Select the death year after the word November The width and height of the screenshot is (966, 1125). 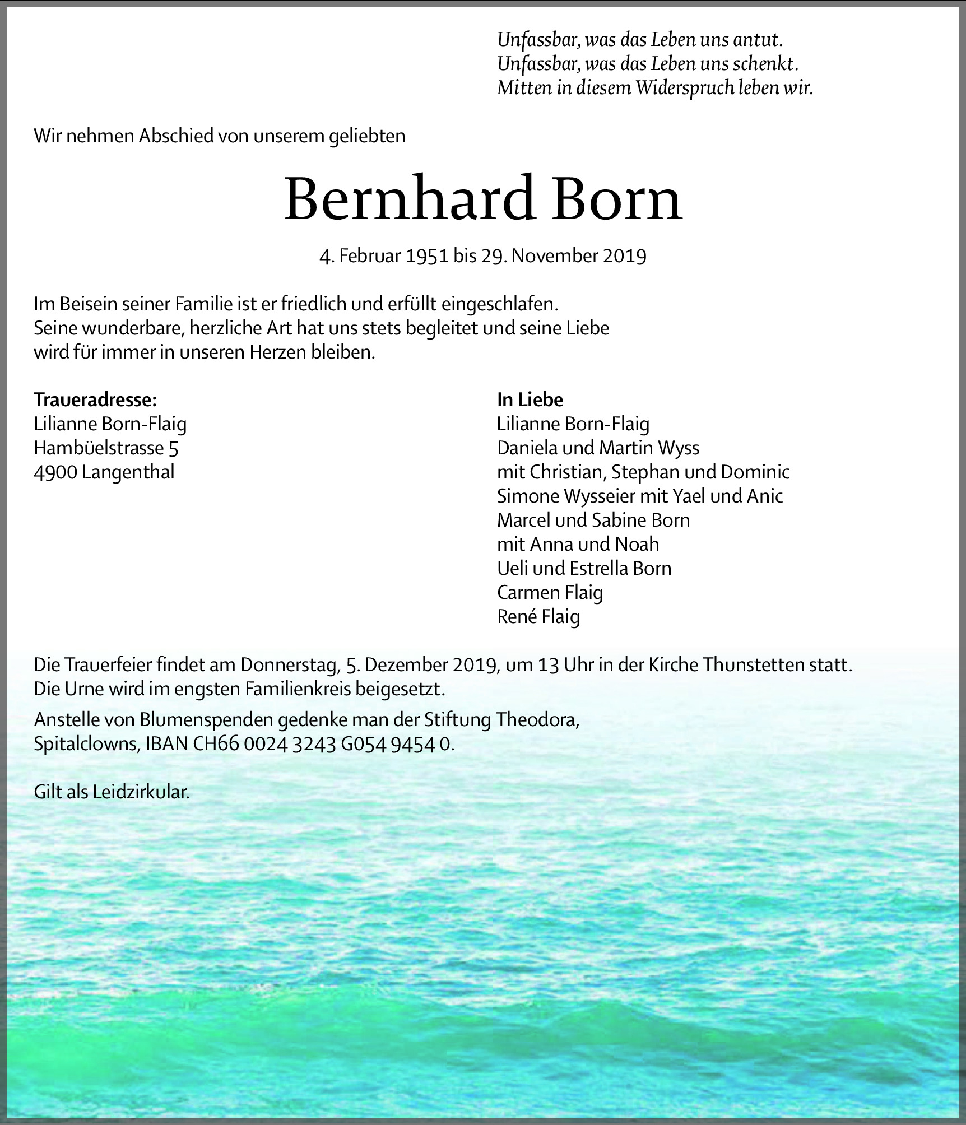625,256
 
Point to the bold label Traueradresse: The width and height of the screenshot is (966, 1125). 95,399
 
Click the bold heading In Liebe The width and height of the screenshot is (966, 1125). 530,399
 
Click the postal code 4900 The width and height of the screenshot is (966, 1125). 55,472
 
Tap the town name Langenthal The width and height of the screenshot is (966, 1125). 128,472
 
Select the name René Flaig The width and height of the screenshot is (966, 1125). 538,616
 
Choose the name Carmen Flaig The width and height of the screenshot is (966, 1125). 550,592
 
